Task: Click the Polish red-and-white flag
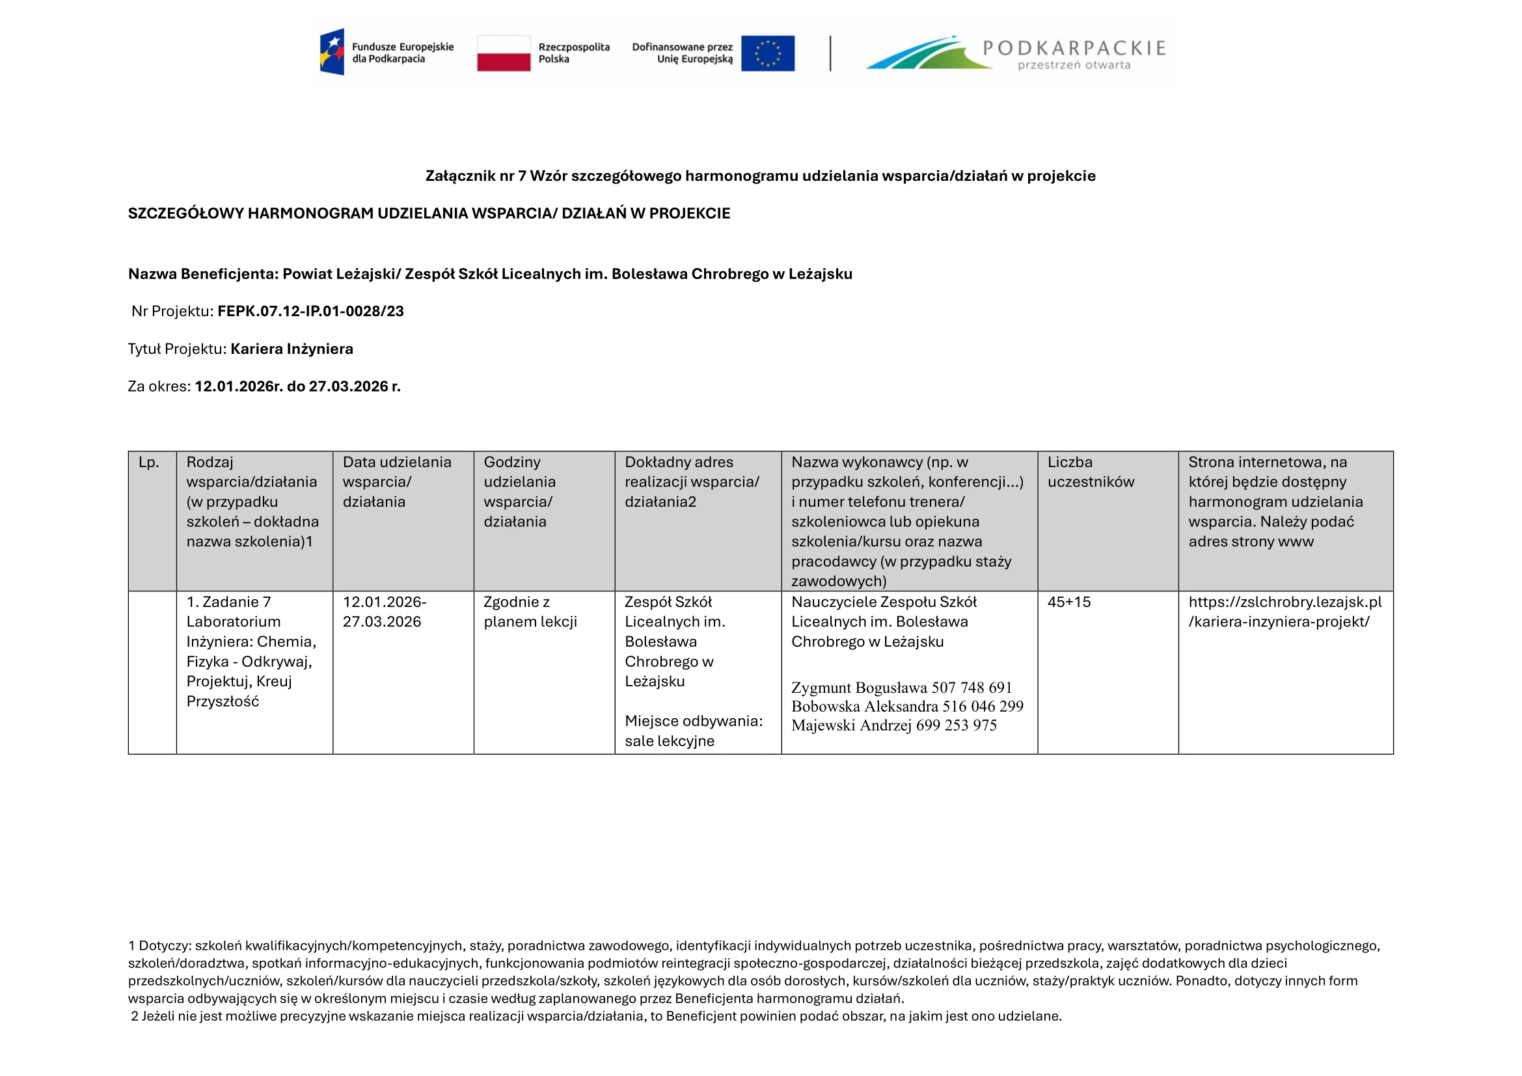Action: coord(503,53)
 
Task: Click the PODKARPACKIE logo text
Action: coord(1073,48)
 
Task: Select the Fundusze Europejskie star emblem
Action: coord(332,51)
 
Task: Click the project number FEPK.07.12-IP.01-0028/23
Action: coord(310,312)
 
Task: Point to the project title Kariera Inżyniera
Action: coord(292,349)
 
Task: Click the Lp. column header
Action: coord(149,463)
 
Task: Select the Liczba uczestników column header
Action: coord(1091,472)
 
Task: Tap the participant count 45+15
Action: coord(1068,602)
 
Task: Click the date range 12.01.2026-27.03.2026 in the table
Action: coord(385,612)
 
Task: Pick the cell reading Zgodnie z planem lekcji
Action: coord(530,612)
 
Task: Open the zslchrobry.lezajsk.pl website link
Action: coord(1284,612)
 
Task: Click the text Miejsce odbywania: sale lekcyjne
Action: coord(693,731)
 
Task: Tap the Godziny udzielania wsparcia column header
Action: coord(519,492)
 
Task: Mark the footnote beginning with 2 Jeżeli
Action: coord(596,1016)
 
